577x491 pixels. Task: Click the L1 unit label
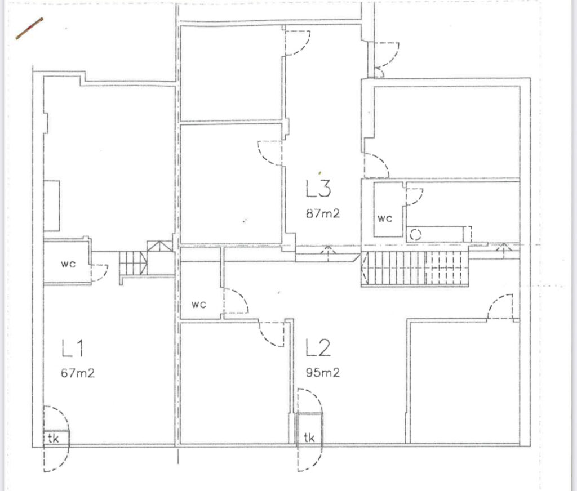click(73, 348)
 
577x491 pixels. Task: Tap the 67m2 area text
click(78, 373)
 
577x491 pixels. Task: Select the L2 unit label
click(318, 348)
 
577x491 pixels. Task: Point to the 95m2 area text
click(323, 373)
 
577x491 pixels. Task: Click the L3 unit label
click(318, 188)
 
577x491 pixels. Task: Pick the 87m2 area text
click(323, 213)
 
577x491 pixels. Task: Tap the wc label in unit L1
click(68, 264)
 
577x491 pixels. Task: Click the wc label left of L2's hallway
click(199, 304)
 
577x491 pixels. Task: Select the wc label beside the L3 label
click(385, 218)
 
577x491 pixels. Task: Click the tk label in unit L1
click(53, 438)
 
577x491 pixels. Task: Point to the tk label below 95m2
click(309, 438)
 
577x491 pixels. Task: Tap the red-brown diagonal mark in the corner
click(29, 28)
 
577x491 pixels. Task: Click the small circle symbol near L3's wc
click(415, 234)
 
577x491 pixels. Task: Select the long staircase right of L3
click(415, 269)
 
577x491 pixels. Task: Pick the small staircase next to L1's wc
click(133, 263)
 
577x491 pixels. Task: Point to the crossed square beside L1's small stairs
click(159, 246)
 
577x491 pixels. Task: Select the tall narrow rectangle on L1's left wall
click(51, 206)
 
